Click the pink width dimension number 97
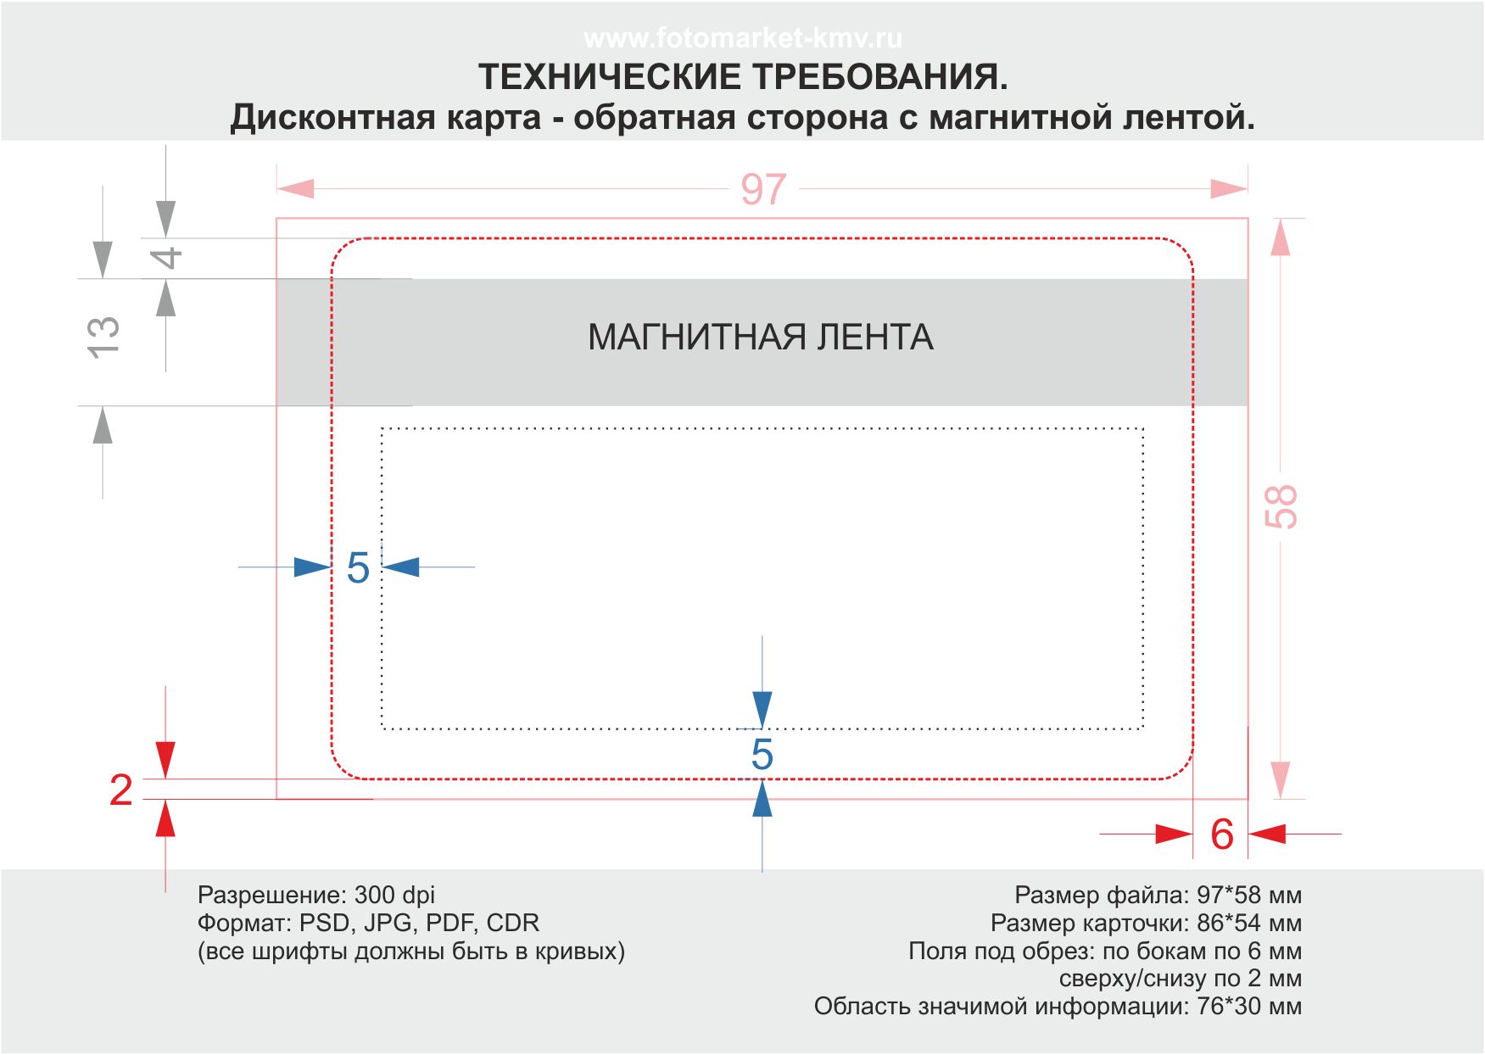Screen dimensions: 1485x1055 pos(763,189)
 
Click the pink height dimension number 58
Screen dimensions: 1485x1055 pos(1281,506)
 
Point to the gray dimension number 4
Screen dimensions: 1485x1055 pos(168,257)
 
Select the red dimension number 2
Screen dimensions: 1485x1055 pos(121,790)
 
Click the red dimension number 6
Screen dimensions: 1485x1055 pos(1221,835)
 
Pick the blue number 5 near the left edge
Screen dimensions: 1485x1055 pos(358,568)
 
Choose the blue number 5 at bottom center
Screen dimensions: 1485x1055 pos(762,755)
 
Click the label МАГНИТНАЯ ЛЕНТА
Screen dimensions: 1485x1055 pos(761,338)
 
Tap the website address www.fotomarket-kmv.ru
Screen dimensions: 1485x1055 pos(743,38)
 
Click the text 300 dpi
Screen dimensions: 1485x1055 pos(394,895)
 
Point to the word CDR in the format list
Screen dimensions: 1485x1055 pos(512,923)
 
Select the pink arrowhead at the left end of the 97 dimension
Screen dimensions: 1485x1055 pos(295,188)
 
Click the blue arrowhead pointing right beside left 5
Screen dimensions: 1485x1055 pos(312,567)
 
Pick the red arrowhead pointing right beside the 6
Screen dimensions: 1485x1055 pos(1175,835)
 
